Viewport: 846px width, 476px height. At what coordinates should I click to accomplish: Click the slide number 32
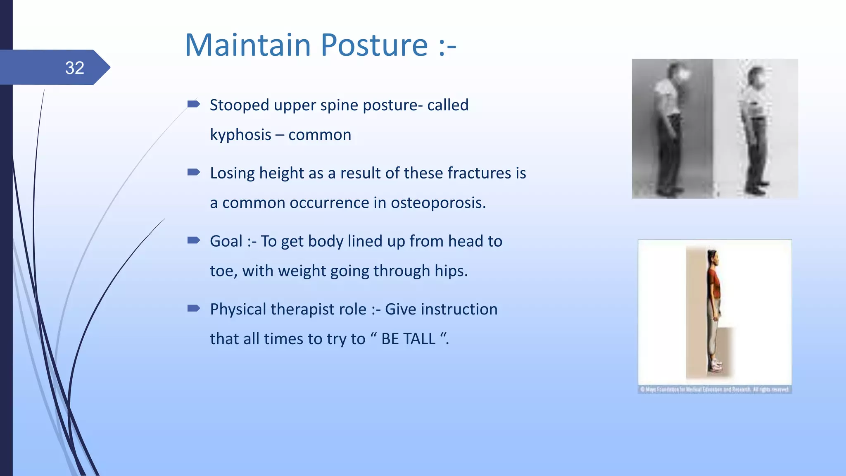74,68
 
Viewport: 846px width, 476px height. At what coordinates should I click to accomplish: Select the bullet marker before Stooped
193,104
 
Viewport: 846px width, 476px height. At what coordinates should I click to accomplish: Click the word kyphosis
240,135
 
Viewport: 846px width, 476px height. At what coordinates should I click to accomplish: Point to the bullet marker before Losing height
193,172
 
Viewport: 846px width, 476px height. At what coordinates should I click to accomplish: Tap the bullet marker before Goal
193,240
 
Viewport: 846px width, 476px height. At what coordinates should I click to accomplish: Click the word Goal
226,241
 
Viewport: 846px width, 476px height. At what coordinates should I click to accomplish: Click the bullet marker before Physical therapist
193,308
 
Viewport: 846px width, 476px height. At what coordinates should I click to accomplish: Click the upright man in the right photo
756,128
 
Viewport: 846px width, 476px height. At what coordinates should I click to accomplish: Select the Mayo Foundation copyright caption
715,389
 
